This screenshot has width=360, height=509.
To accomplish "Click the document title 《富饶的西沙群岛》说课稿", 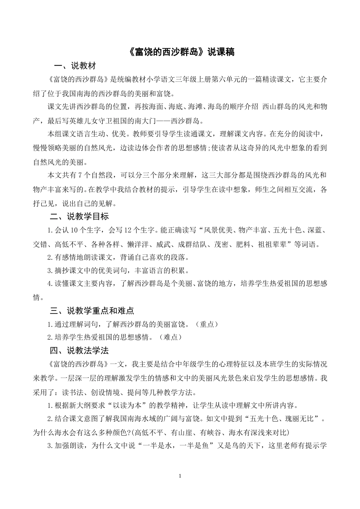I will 180,52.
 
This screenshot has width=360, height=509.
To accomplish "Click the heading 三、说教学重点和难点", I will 92,311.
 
